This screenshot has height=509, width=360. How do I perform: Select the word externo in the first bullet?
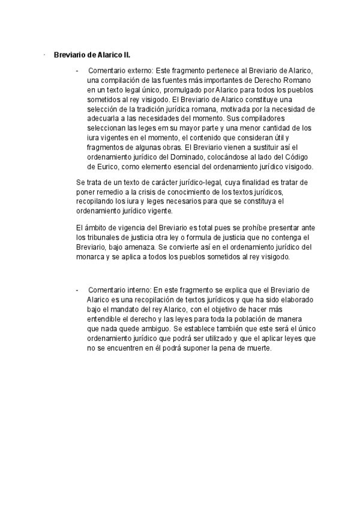pyautogui.click(x=139, y=70)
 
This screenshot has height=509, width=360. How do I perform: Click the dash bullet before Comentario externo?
pyautogui.click(x=77, y=70)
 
